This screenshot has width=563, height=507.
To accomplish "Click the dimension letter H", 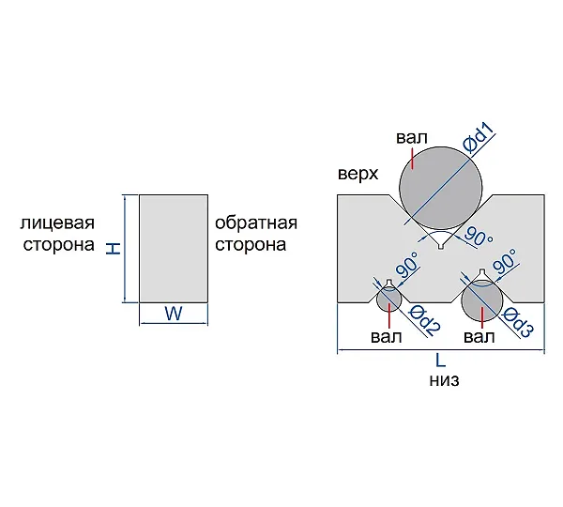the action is (x=114, y=249).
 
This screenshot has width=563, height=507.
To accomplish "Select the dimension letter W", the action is (x=174, y=314).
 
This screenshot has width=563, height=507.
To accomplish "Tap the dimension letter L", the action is (x=441, y=361).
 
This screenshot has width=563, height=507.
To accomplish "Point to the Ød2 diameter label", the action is (x=424, y=320).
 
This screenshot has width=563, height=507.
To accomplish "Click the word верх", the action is (x=358, y=174).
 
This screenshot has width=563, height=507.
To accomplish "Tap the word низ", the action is (x=444, y=380).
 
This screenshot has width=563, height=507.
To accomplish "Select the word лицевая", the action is (x=57, y=223).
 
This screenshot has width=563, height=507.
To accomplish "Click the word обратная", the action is (x=256, y=223).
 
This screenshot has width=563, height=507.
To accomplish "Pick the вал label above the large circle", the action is (x=412, y=138).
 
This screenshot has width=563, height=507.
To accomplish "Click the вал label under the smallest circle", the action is (x=387, y=337).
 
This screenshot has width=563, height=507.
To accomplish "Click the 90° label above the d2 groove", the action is (x=408, y=265).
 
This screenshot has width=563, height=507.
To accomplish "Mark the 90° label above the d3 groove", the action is (x=505, y=261).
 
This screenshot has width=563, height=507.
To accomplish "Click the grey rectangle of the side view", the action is (x=174, y=249).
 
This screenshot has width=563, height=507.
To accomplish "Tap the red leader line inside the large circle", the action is (x=413, y=159).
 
